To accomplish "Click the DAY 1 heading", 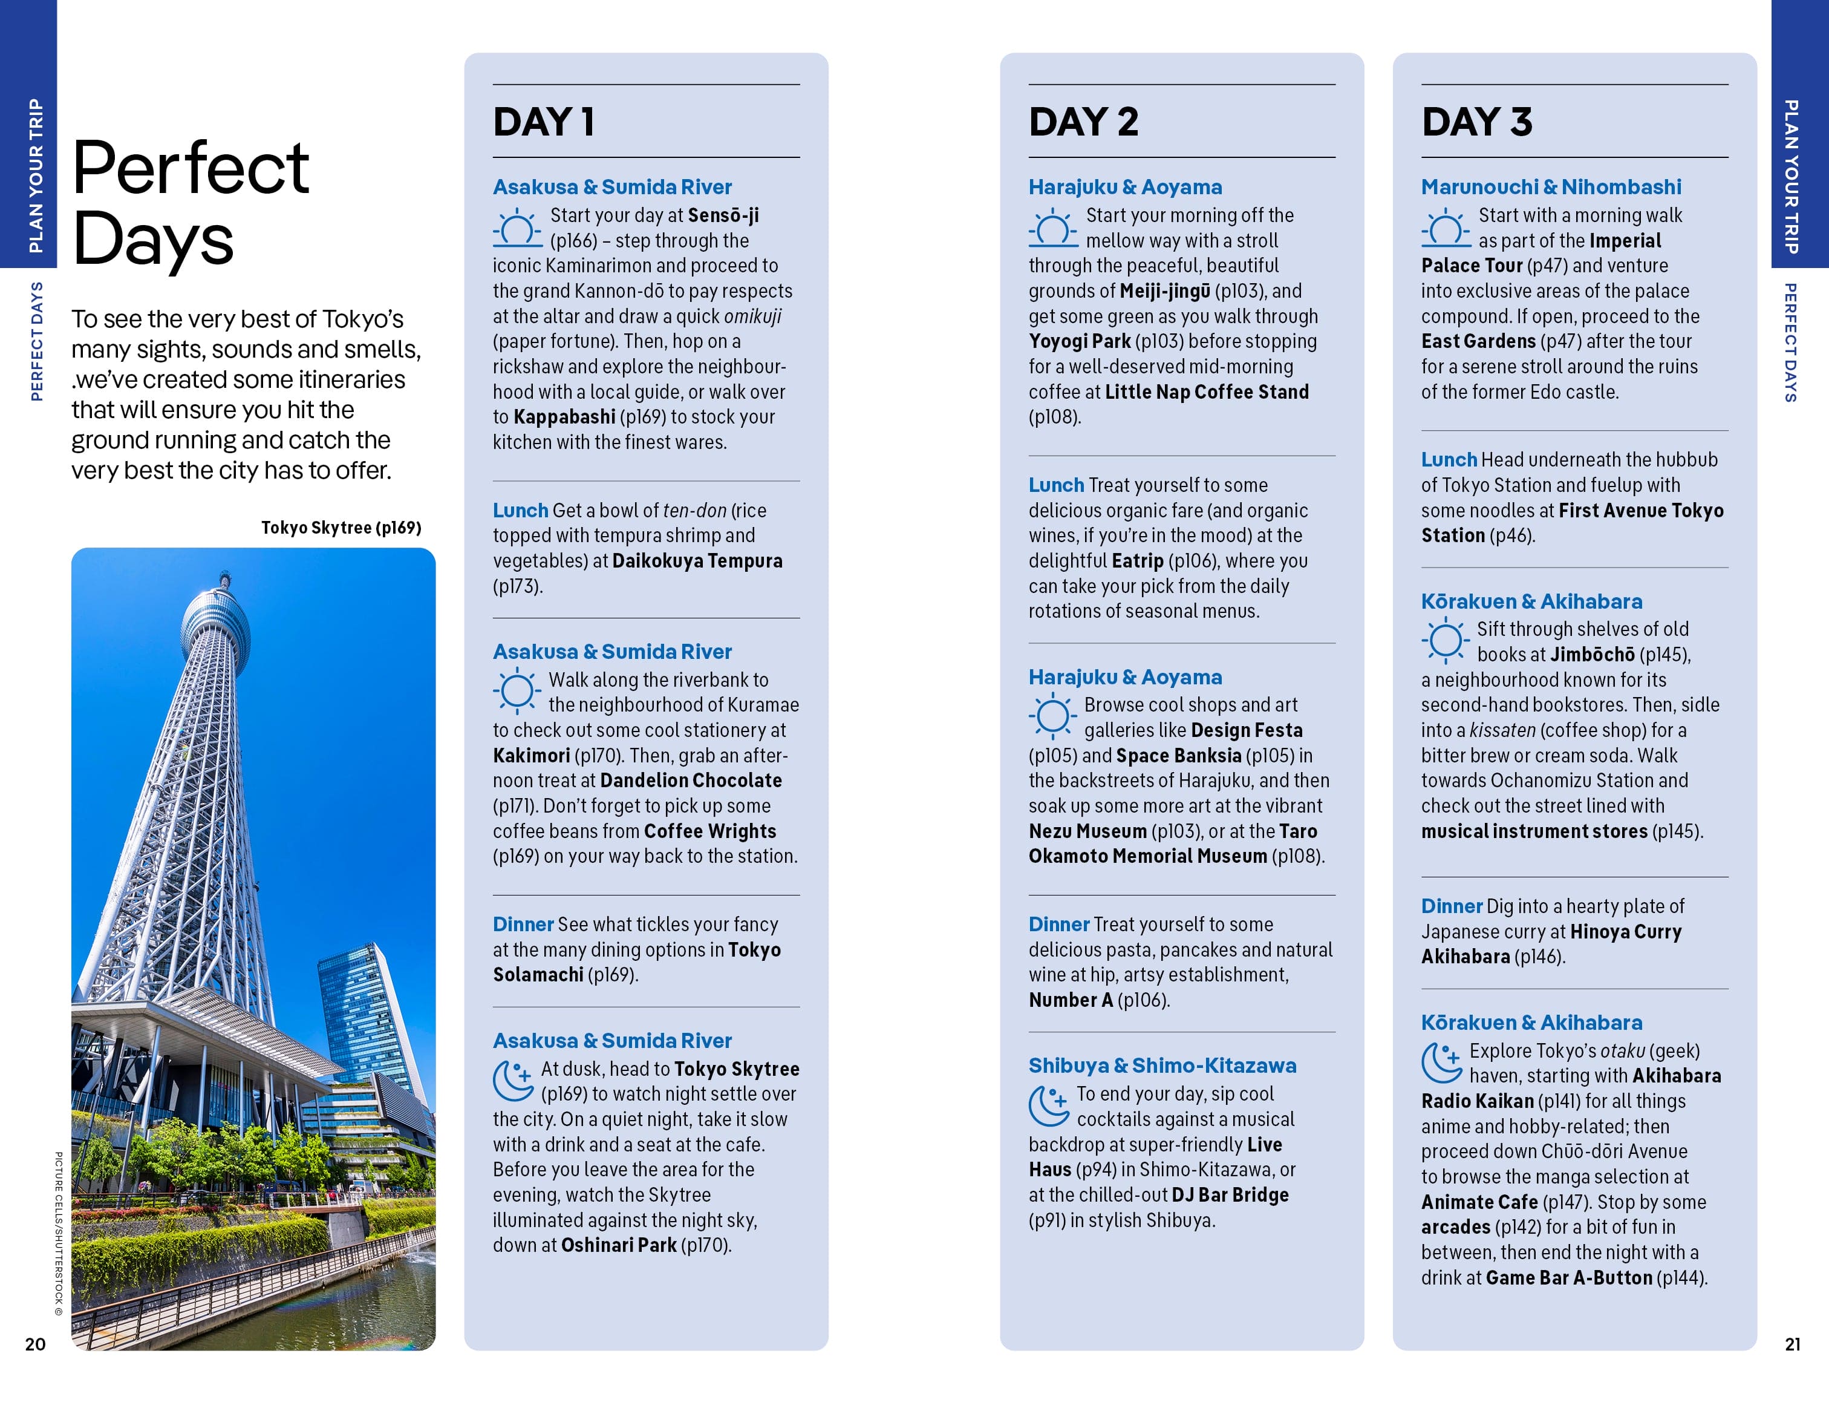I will click(544, 122).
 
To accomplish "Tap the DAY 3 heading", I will click(1476, 122).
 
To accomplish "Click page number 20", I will click(35, 1343).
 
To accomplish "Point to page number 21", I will click(1792, 1343).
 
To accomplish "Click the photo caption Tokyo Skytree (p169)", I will click(341, 528).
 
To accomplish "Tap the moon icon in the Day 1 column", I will click(512, 1081).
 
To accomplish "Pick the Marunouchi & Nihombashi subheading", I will click(1551, 187).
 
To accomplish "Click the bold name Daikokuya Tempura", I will click(697, 560).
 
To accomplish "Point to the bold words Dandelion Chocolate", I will click(691, 781).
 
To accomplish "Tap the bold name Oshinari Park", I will click(619, 1245).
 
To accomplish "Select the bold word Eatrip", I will click(1137, 560).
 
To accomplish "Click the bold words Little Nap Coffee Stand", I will click(1206, 392).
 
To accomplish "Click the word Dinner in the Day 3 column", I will click(1452, 906).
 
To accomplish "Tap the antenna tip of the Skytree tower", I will click(224, 575).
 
